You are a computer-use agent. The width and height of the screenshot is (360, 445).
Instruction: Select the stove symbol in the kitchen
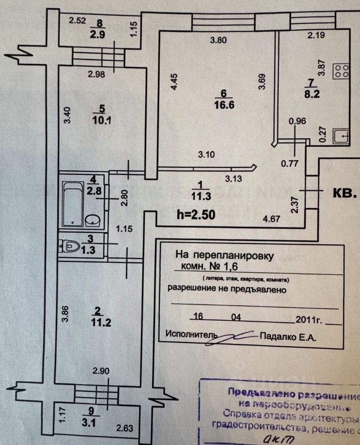coord(342,70)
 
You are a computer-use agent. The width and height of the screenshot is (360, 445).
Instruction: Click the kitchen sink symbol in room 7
coord(342,136)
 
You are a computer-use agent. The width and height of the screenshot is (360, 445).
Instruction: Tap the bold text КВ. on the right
coord(345,193)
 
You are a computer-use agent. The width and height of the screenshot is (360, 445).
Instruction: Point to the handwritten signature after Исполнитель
coord(235,337)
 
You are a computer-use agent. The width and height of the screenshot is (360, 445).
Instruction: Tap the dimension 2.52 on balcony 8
coord(77,20)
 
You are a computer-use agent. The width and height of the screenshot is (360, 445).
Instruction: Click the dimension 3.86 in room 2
coord(65,316)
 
